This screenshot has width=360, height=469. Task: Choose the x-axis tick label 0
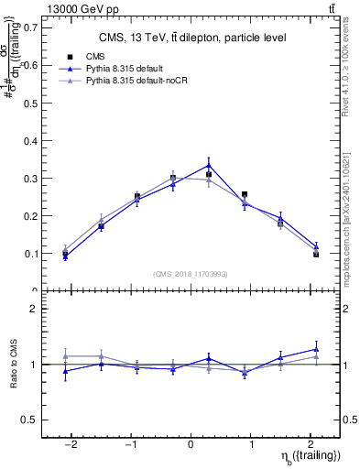[191, 443]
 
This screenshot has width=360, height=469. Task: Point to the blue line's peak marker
[209, 165]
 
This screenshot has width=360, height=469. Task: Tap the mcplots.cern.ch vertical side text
[350, 220]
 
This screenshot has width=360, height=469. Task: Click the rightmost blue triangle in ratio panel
[316, 349]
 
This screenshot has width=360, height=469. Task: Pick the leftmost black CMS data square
[65, 254]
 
